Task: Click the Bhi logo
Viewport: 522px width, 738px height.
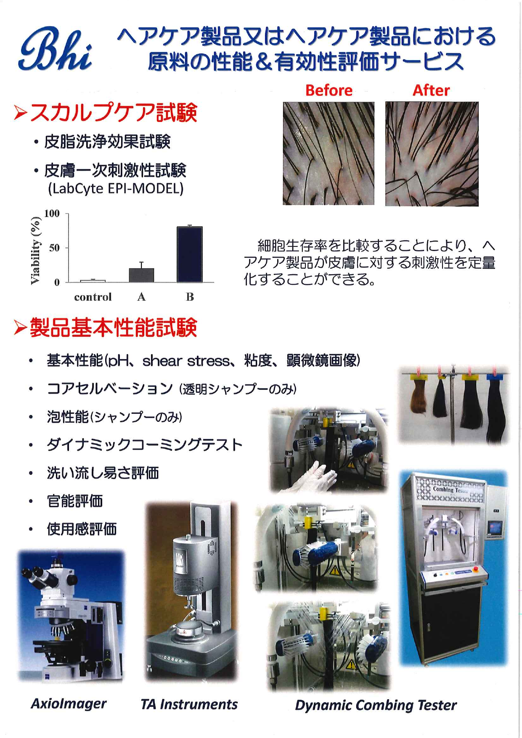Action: pyautogui.click(x=55, y=50)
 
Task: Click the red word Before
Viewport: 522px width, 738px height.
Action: pyautogui.click(x=329, y=90)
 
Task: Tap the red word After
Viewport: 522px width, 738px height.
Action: pyautogui.click(x=431, y=90)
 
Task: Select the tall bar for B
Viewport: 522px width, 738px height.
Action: pyautogui.click(x=190, y=254)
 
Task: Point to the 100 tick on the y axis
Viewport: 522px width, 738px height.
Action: pyautogui.click(x=52, y=214)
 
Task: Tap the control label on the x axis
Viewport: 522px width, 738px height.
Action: pyautogui.click(x=93, y=297)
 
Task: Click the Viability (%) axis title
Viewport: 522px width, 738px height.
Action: pyautogui.click(x=36, y=251)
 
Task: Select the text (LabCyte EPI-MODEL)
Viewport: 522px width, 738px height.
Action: pyautogui.click(x=116, y=188)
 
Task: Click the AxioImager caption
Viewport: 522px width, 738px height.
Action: pyautogui.click(x=69, y=704)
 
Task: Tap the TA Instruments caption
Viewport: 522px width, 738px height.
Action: pyautogui.click(x=189, y=704)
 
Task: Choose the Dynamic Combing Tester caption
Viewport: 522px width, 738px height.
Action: pyautogui.click(x=376, y=705)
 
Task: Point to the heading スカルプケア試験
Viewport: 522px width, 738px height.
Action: pyautogui.click(x=114, y=113)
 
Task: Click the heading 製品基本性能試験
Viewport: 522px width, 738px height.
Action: pyautogui.click(x=114, y=328)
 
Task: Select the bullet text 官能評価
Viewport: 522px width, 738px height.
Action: pyautogui.click(x=75, y=501)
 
